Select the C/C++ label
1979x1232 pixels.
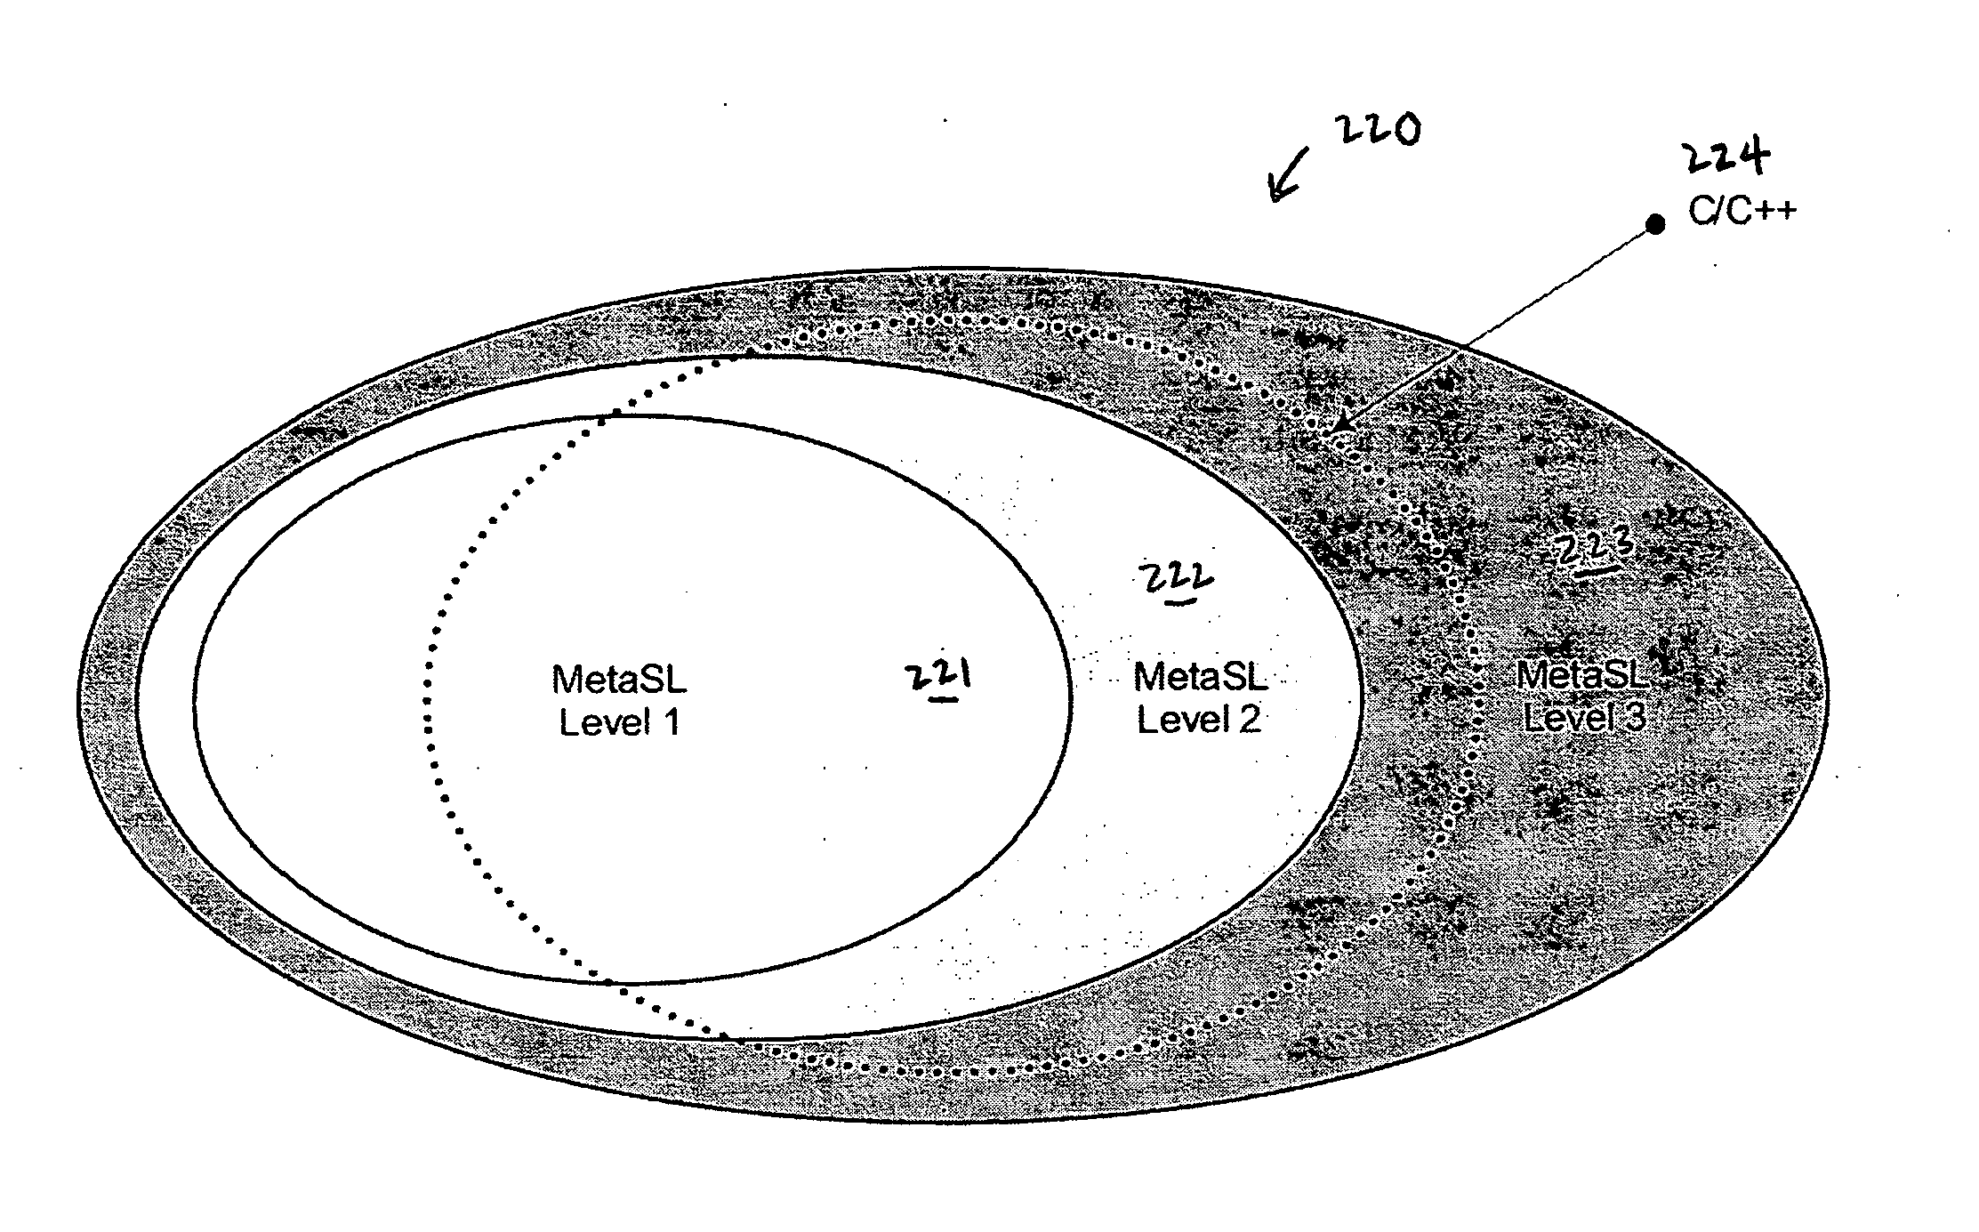click(1742, 212)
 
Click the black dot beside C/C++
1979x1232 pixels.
click(1655, 224)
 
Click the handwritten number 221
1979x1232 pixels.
click(937, 678)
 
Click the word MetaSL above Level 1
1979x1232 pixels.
click(619, 680)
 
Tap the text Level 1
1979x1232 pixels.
click(619, 721)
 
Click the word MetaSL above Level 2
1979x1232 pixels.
click(1200, 677)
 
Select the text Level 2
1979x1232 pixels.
click(1199, 719)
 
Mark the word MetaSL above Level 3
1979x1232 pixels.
click(1583, 676)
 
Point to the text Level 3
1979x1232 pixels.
click(1584, 717)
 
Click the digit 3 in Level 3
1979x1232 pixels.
click(1635, 717)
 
